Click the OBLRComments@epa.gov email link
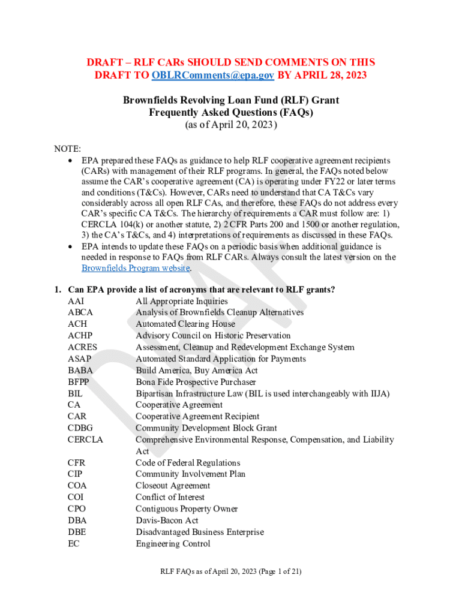(x=213, y=75)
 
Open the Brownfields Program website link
(x=136, y=269)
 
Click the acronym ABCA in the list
(x=80, y=312)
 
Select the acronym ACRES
(x=83, y=347)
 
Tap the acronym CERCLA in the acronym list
(x=86, y=440)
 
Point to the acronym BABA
(x=80, y=371)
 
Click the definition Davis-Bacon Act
(x=167, y=520)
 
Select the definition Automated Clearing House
(x=185, y=324)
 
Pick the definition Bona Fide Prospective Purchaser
(x=196, y=382)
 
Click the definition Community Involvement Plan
(x=190, y=474)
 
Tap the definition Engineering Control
(x=173, y=544)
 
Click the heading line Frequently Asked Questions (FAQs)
(x=231, y=112)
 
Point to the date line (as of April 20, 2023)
(x=231, y=125)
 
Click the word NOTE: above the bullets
(x=68, y=149)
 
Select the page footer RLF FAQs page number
(x=231, y=571)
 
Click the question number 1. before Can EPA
(x=58, y=290)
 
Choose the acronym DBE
(x=77, y=532)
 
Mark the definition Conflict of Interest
(x=170, y=497)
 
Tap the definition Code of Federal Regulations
(x=188, y=463)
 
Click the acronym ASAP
(x=80, y=359)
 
